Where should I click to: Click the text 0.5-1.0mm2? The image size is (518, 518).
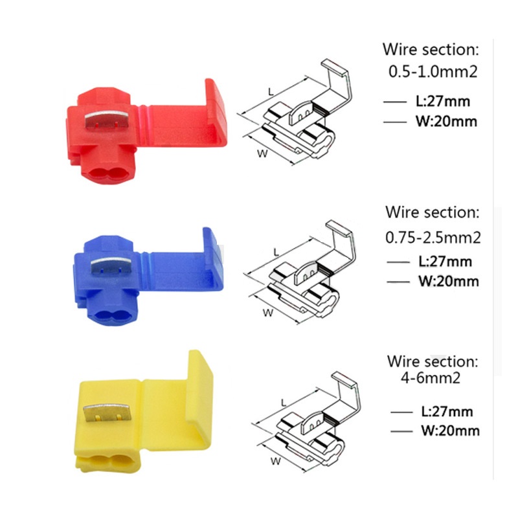(x=433, y=71)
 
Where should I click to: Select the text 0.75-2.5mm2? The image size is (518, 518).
(x=433, y=238)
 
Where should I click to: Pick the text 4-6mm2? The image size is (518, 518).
(x=430, y=377)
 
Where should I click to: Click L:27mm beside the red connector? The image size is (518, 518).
(x=443, y=102)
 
